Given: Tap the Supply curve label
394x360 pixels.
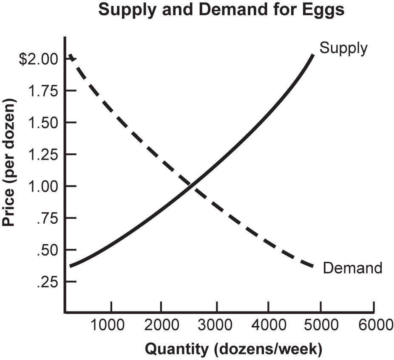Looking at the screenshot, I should [343, 48].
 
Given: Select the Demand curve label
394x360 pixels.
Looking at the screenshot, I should [352, 268].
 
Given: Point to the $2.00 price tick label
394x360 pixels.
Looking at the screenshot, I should [38, 59].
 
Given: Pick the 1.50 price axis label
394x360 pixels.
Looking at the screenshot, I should [44, 123].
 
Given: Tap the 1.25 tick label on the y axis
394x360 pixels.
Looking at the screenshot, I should [44, 155].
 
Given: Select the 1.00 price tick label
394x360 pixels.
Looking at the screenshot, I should [44, 186].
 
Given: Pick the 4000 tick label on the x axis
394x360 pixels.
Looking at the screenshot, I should [268, 325].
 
